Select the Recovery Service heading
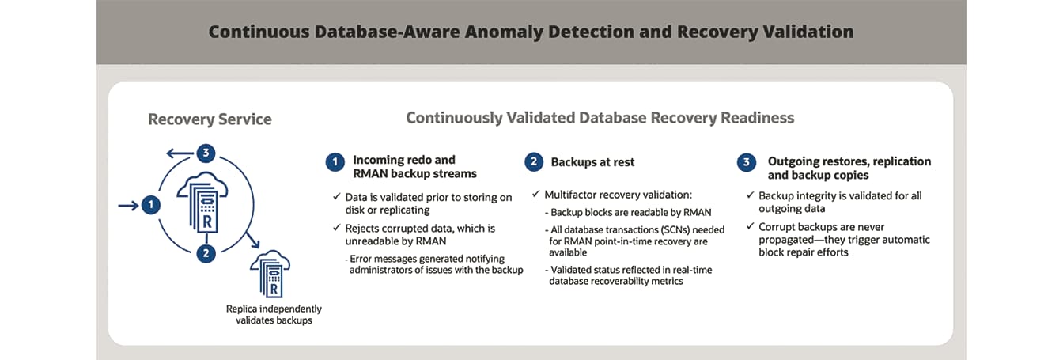click(x=210, y=119)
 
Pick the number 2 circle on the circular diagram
click(x=206, y=253)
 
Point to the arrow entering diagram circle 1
click(x=127, y=206)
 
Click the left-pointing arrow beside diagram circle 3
click(x=178, y=153)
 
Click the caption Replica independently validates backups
click(x=274, y=314)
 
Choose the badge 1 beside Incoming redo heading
click(x=335, y=162)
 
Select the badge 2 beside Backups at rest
click(x=534, y=162)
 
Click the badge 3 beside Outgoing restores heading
click(x=746, y=162)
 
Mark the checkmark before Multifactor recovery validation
click(x=536, y=194)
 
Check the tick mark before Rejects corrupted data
click(x=338, y=229)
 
